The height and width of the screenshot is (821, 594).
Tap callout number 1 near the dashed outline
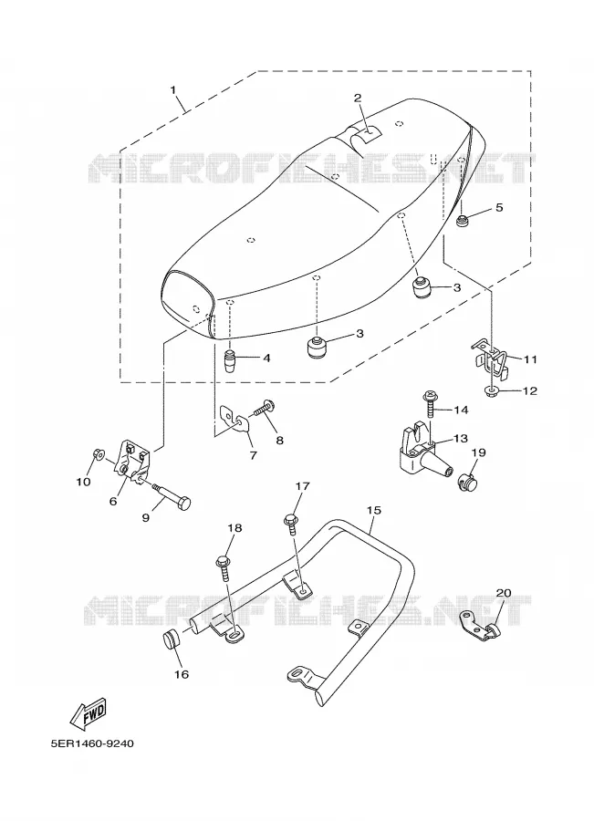pyautogui.click(x=173, y=89)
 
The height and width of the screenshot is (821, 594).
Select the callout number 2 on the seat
pyautogui.click(x=358, y=98)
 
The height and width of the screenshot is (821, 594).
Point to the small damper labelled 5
pyautogui.click(x=463, y=222)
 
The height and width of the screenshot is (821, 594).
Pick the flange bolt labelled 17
pyautogui.click(x=291, y=525)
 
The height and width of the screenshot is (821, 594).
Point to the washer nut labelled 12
pyautogui.click(x=493, y=390)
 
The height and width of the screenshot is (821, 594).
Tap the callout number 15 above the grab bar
pyautogui.click(x=374, y=509)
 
